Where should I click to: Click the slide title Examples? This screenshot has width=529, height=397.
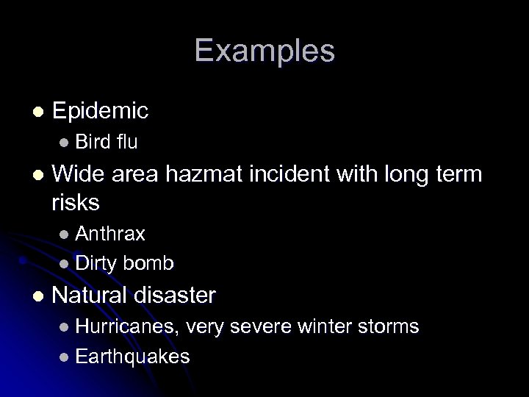point(264,51)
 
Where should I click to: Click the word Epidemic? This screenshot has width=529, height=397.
point(101,111)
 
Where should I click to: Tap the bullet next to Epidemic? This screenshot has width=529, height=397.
point(38,111)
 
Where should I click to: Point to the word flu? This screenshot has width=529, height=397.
point(127,141)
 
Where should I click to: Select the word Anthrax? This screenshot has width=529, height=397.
point(110,234)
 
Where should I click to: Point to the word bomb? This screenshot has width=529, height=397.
point(148,263)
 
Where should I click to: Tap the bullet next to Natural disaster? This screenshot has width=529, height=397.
point(38,296)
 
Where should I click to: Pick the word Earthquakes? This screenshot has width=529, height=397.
point(132,357)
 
